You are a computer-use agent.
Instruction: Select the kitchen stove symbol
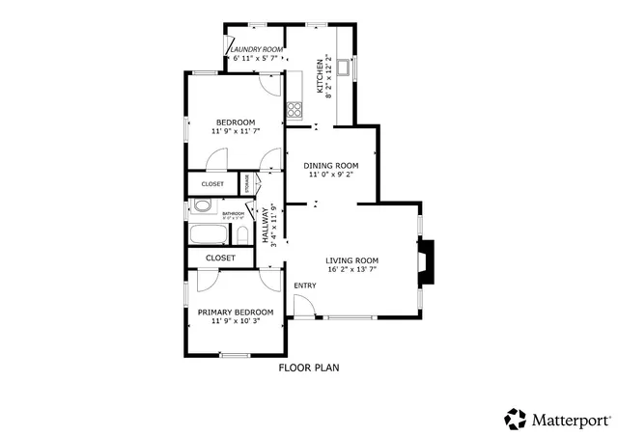coord(295,109)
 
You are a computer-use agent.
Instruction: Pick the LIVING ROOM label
coord(351,260)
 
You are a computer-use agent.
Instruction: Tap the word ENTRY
coord(305,286)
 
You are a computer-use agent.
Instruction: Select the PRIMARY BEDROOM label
coord(236,312)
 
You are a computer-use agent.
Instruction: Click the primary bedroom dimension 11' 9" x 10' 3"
coord(236,321)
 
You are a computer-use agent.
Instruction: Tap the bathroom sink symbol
coord(202,205)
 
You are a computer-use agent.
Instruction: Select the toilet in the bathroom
coord(243,235)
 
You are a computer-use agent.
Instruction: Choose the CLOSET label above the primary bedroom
coord(220,259)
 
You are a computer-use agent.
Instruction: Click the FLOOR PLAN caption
coord(309,368)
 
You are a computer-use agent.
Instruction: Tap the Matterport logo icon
coord(516,419)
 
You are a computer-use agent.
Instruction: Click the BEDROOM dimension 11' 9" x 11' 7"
coord(236,131)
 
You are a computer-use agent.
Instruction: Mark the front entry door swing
coord(302,308)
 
